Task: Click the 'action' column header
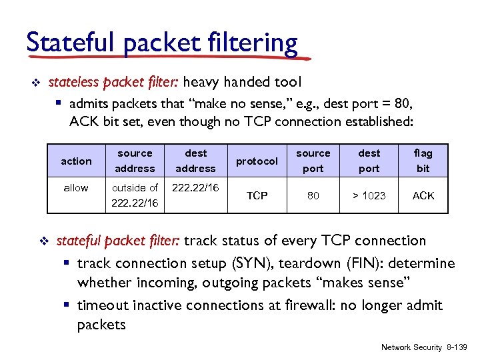click(x=76, y=161)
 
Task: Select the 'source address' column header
click(x=135, y=161)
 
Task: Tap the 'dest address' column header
click(x=195, y=161)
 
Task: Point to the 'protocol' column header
click(x=257, y=161)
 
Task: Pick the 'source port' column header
click(x=313, y=161)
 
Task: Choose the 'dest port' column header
click(x=369, y=161)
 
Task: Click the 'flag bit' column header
click(x=423, y=161)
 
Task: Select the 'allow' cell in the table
click(x=76, y=188)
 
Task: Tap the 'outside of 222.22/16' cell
click(x=135, y=195)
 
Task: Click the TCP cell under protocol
click(x=257, y=195)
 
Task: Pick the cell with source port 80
click(x=313, y=195)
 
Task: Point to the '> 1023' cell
click(x=369, y=195)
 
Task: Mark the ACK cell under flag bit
click(x=423, y=195)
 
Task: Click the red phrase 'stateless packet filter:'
click(x=114, y=82)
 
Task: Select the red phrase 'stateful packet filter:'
click(x=118, y=241)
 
